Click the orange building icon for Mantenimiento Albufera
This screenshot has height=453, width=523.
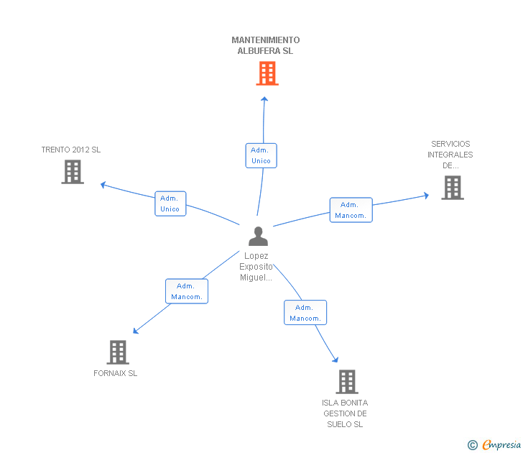pyautogui.click(x=267, y=73)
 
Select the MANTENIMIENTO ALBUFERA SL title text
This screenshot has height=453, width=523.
pyautogui.click(x=266, y=45)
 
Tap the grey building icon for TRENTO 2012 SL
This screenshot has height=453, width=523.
pyautogui.click(x=72, y=172)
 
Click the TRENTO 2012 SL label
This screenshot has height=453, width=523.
pyautogui.click(x=71, y=150)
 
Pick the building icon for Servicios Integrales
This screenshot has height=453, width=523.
pyautogui.click(x=452, y=187)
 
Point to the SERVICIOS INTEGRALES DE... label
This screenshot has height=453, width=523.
pyautogui.click(x=450, y=155)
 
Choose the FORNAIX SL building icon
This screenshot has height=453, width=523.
pyautogui.click(x=118, y=352)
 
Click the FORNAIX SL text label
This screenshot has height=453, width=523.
pyautogui.click(x=115, y=373)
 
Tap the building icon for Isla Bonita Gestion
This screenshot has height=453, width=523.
pyautogui.click(x=346, y=382)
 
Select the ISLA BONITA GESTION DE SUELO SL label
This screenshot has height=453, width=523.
pyautogui.click(x=345, y=413)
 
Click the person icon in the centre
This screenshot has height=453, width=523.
pyautogui.click(x=257, y=236)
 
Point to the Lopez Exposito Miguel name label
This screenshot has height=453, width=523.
pyautogui.click(x=256, y=267)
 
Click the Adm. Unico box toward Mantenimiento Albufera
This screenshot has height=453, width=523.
pyautogui.click(x=261, y=155)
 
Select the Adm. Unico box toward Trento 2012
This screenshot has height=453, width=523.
pyautogui.click(x=170, y=203)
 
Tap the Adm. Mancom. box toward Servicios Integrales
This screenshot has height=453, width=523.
pyautogui.click(x=351, y=210)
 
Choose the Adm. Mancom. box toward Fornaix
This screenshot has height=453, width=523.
pyautogui.click(x=186, y=291)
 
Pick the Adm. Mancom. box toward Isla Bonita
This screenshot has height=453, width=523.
pyautogui.click(x=305, y=313)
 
